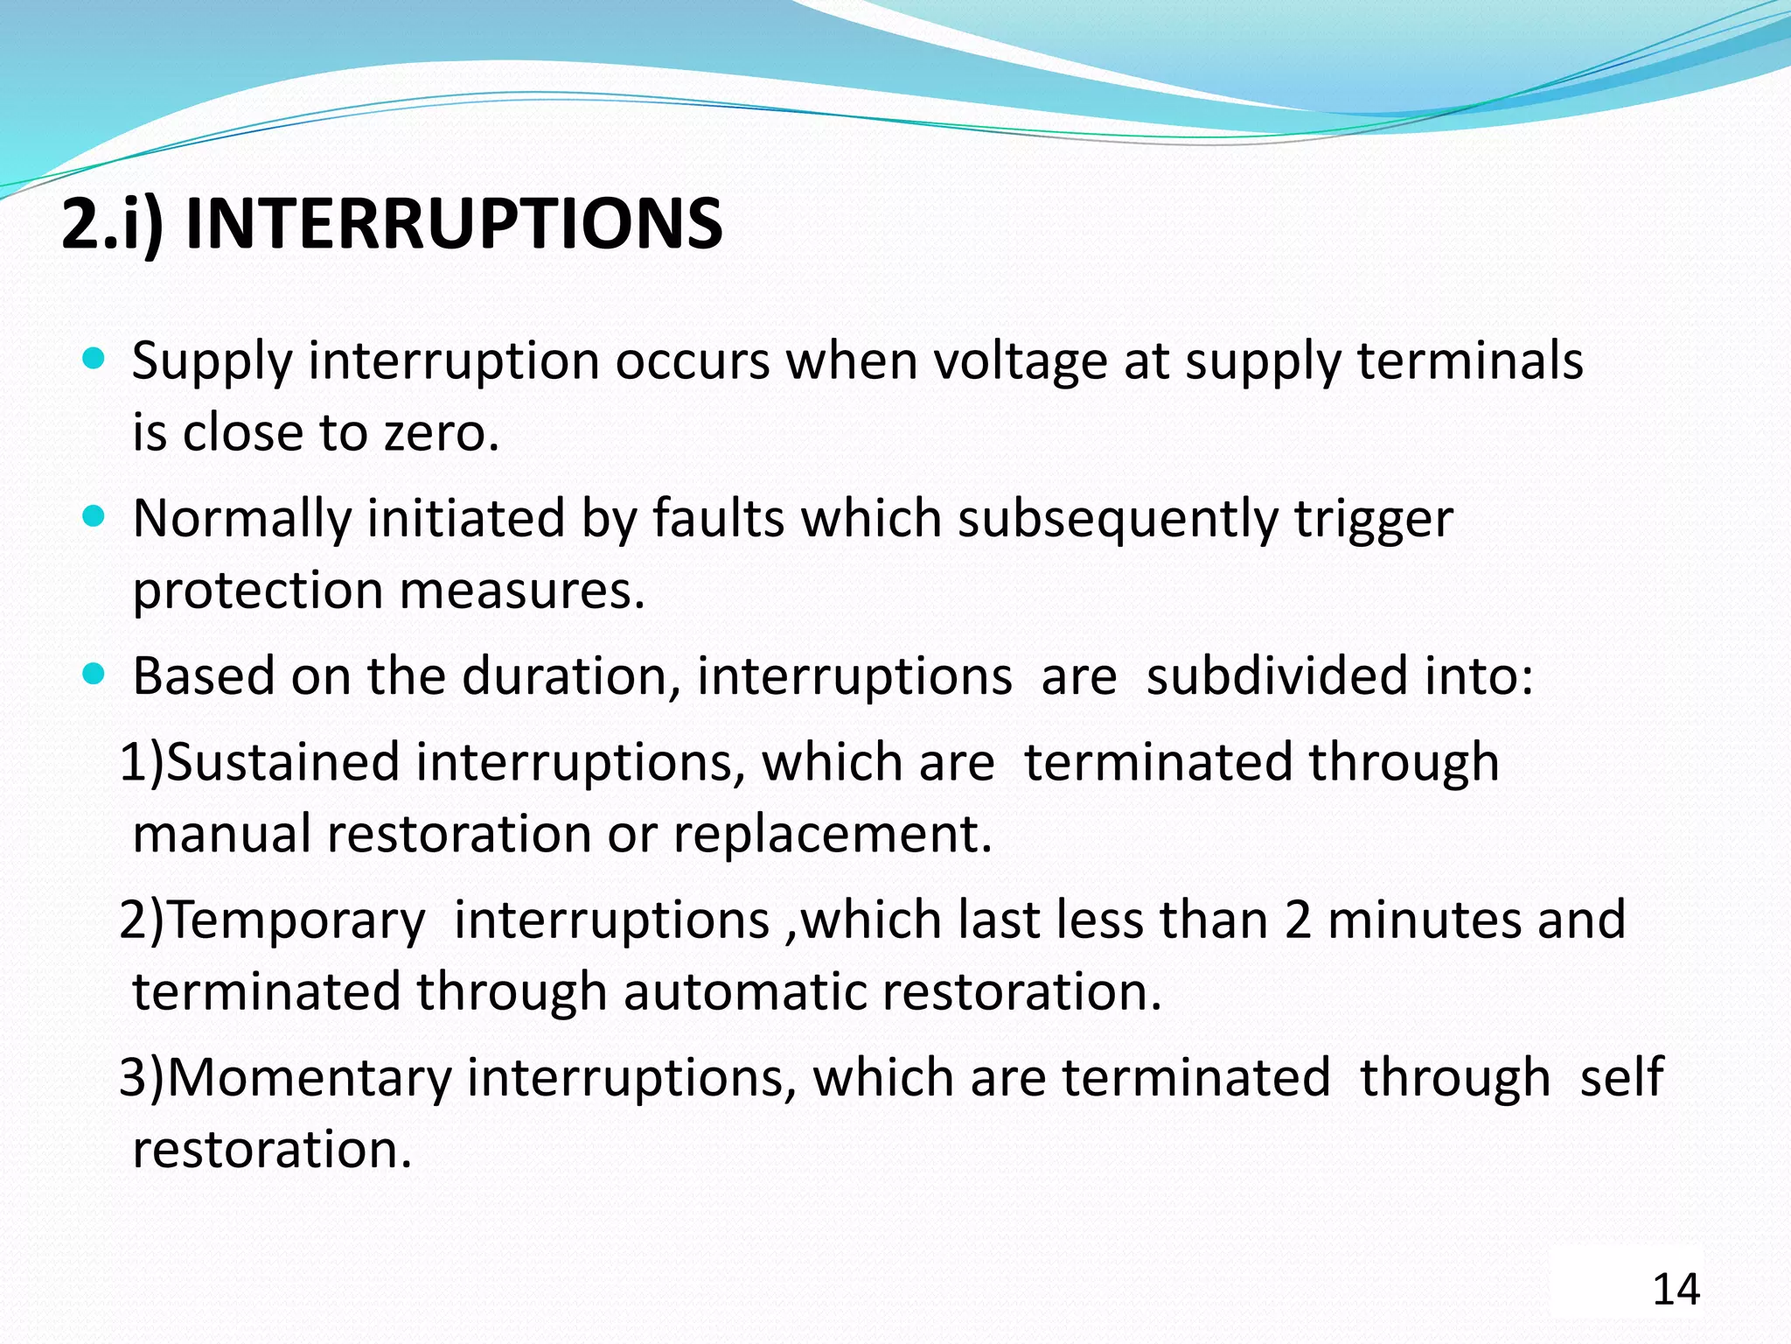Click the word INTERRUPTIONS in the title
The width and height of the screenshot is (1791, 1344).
[x=454, y=224]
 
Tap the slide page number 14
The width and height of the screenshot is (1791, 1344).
[x=1676, y=1290]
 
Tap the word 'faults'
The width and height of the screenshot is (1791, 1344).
[x=718, y=518]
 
